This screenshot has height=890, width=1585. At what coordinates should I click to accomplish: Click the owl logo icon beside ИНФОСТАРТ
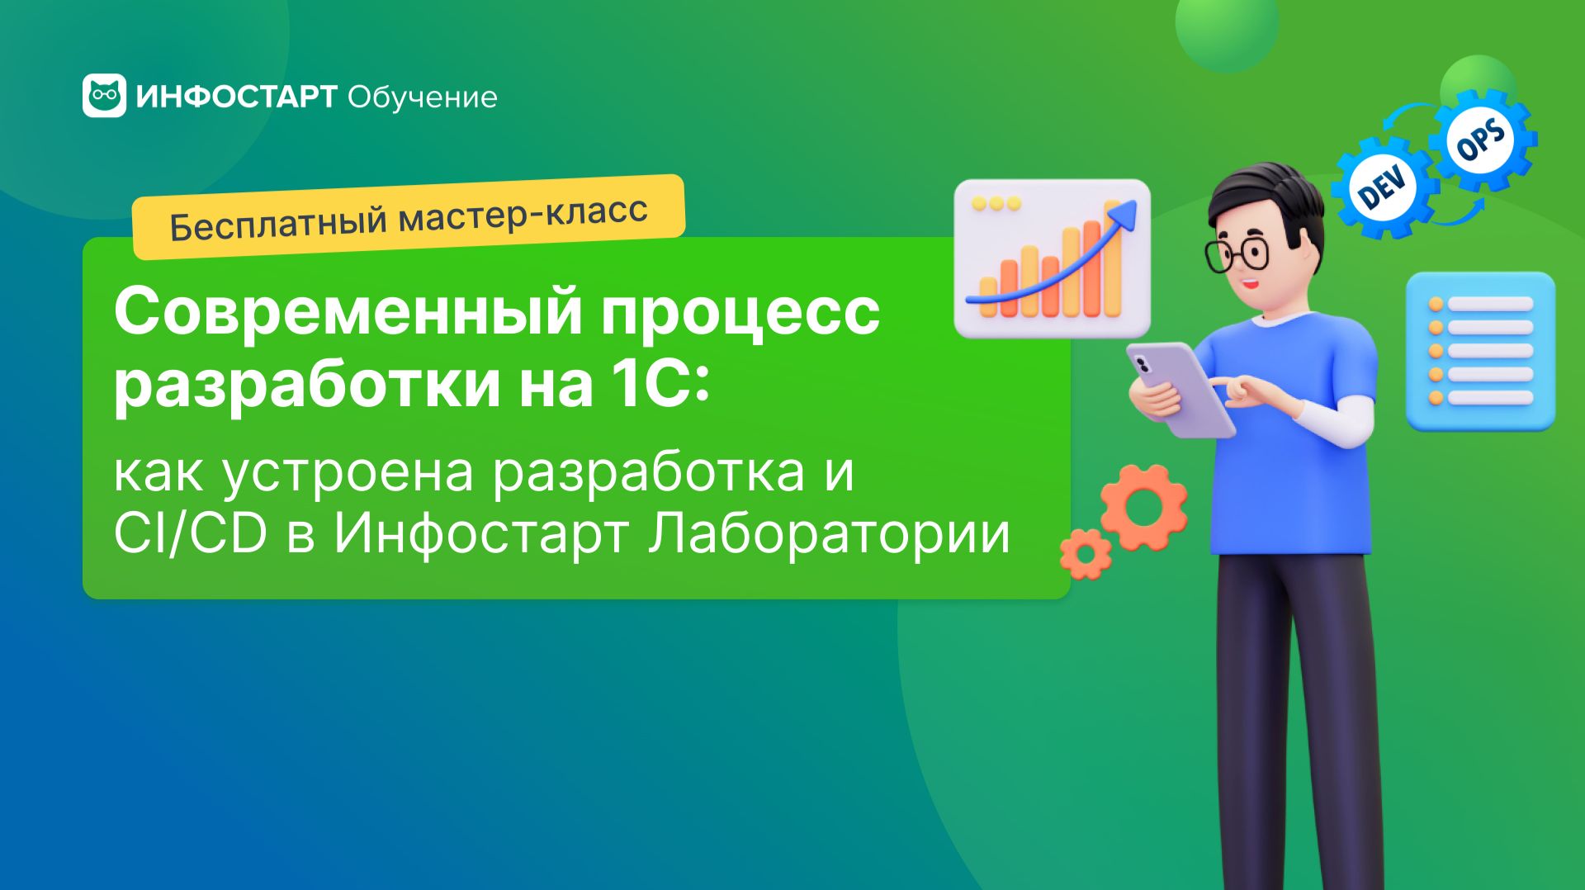[104, 96]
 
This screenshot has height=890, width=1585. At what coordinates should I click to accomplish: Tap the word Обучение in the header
[422, 97]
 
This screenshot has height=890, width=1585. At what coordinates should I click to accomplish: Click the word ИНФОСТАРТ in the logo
[236, 97]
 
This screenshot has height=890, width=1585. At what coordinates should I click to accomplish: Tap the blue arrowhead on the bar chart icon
[1120, 216]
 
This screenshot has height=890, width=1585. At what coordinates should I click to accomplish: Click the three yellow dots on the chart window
[996, 203]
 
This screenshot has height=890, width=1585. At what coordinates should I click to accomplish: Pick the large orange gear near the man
[1144, 507]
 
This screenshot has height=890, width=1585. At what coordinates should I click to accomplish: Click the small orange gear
[1086, 554]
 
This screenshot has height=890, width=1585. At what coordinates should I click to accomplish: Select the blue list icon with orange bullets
[1480, 351]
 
